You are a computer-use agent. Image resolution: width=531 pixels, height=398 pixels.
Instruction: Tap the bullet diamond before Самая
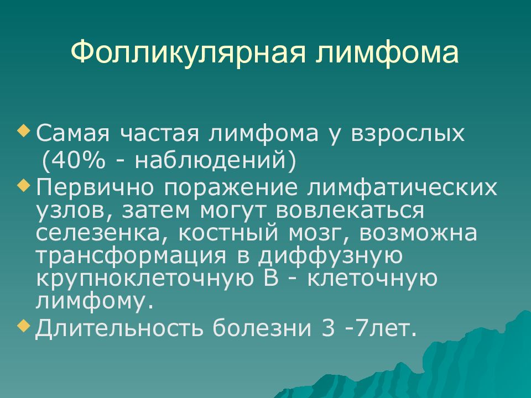coord(23,130)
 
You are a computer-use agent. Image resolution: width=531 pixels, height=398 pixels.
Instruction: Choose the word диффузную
coord(325,256)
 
